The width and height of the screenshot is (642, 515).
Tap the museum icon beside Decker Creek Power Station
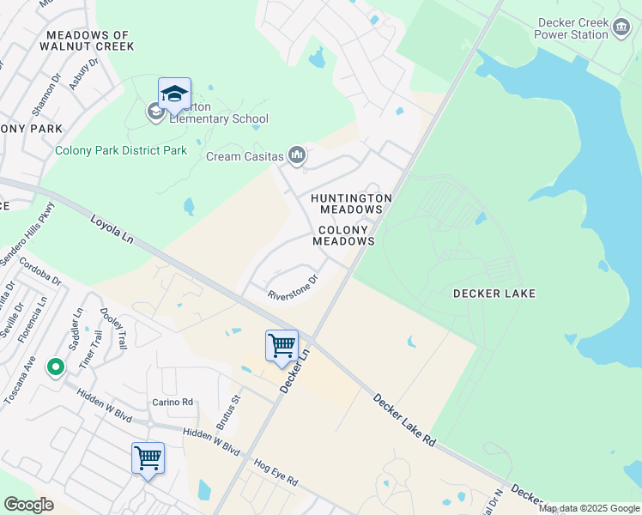pos(621,29)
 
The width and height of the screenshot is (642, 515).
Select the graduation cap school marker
pos(174,94)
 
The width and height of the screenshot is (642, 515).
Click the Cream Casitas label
pos(245,156)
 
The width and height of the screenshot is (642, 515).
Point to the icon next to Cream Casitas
pos(297,155)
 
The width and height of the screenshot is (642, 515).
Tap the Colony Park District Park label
pos(121,150)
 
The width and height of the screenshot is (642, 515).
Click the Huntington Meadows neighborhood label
pos(351,203)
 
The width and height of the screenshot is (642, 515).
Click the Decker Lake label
pos(494,294)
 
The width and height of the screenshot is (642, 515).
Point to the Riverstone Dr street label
pos(294,288)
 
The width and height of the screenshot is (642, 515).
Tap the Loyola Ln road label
pos(112,233)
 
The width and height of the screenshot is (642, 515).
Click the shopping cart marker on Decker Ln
pos(282,346)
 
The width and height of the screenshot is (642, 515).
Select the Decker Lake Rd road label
pos(404,418)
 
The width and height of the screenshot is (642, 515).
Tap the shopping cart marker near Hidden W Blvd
pos(148,458)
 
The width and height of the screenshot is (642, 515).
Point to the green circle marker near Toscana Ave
pos(56,367)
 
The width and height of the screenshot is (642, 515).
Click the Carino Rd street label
pos(173,402)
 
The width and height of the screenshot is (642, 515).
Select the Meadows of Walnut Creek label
pos(89,39)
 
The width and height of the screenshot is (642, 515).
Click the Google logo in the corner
pos(28,505)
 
